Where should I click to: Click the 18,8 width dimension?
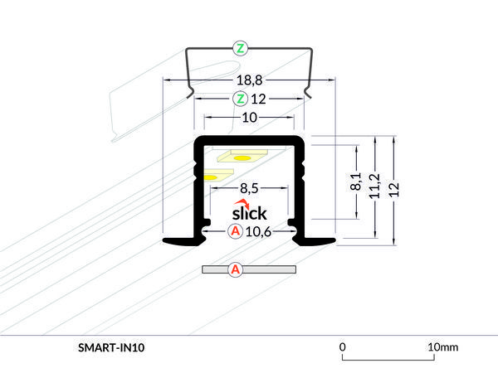point(250,80)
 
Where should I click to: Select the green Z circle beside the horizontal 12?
point(240,99)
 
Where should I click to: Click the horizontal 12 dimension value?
point(257,99)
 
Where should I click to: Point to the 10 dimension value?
point(249,118)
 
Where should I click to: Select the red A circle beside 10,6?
point(236,231)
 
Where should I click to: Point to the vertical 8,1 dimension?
point(356,182)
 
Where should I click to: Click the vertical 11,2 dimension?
point(376,189)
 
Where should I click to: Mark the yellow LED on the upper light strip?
point(242,157)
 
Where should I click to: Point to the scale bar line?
point(389,360)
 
